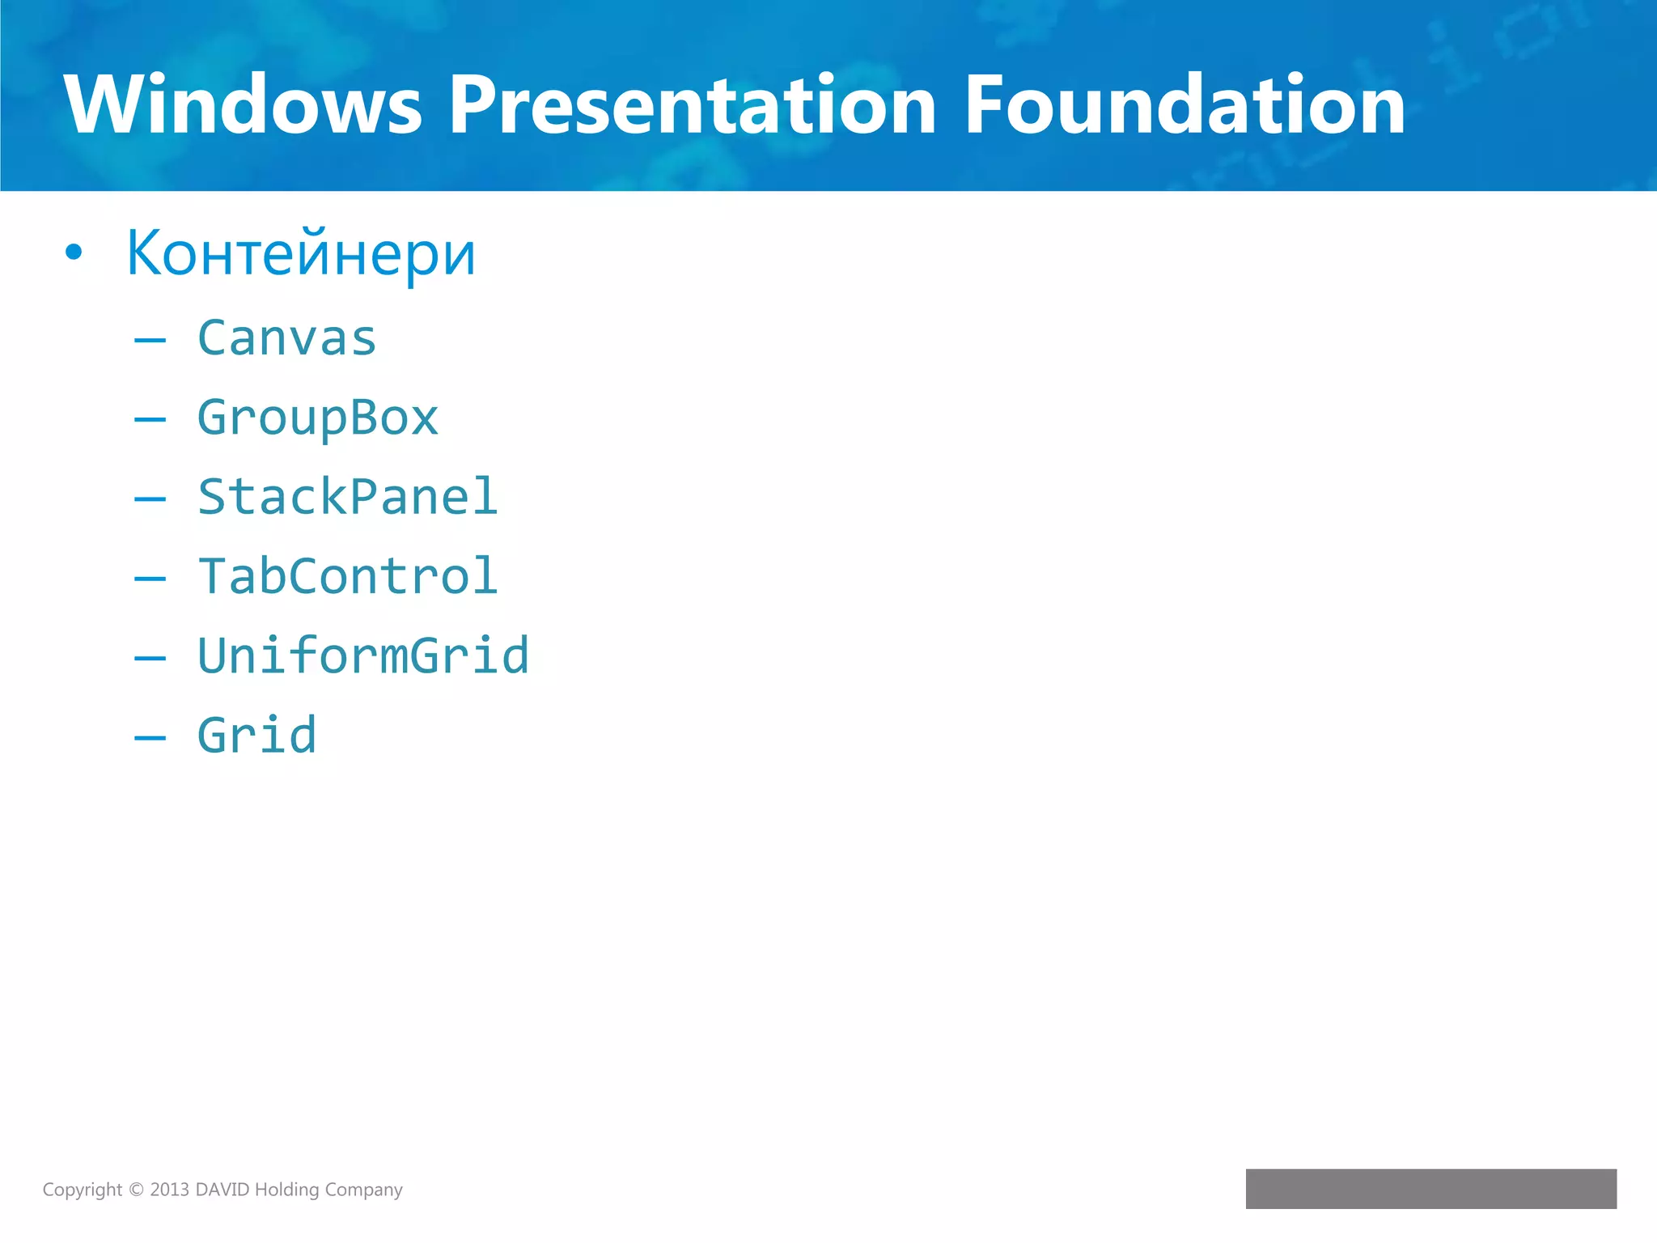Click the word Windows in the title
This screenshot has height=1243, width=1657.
click(243, 105)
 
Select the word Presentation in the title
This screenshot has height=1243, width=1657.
click(692, 105)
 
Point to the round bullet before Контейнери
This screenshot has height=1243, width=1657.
click(74, 253)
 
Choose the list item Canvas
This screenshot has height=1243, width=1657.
click(287, 338)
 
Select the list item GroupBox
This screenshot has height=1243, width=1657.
click(318, 418)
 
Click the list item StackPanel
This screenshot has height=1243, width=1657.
click(348, 497)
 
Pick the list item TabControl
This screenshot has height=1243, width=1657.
click(348, 576)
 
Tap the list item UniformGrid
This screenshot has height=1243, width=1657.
click(363, 655)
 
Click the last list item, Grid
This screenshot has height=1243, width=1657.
click(257, 735)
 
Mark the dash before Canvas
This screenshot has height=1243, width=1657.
click(150, 341)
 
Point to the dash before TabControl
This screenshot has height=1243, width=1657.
click(150, 579)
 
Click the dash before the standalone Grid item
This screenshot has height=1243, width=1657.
click(150, 737)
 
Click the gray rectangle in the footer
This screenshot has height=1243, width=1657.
click(1430, 1188)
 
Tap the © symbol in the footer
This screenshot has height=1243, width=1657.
click(136, 1190)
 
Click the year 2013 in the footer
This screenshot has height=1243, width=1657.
click(169, 1190)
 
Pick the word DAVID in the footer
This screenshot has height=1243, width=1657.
click(222, 1190)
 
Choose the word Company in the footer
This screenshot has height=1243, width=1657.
click(363, 1190)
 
